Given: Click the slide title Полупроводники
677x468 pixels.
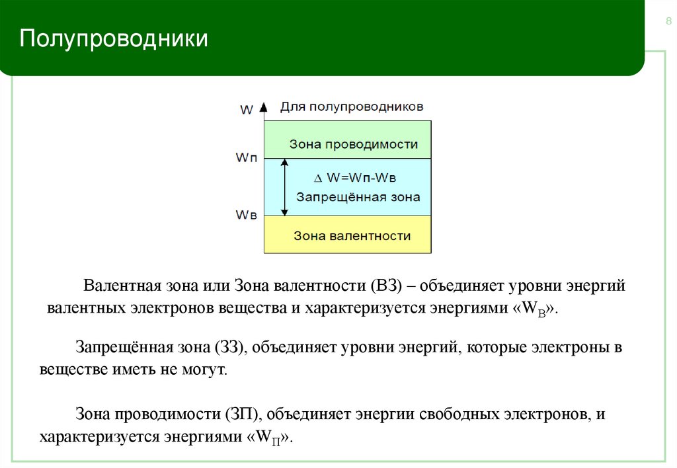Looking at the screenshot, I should pos(114,39).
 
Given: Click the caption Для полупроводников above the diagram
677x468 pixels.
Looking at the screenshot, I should pos(352,106).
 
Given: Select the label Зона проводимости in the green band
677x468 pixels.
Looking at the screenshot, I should pos(354,144).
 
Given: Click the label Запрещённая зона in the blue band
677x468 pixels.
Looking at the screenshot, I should pos(358,197).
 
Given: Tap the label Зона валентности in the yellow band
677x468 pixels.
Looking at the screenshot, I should pos(352,235).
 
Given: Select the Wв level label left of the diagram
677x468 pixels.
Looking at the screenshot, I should pos(247,215).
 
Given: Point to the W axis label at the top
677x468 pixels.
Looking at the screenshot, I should pos(246,110).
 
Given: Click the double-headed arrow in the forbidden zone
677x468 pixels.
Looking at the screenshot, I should pos(285,186).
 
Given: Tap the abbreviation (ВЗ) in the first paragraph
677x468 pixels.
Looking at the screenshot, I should pos(387,288).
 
